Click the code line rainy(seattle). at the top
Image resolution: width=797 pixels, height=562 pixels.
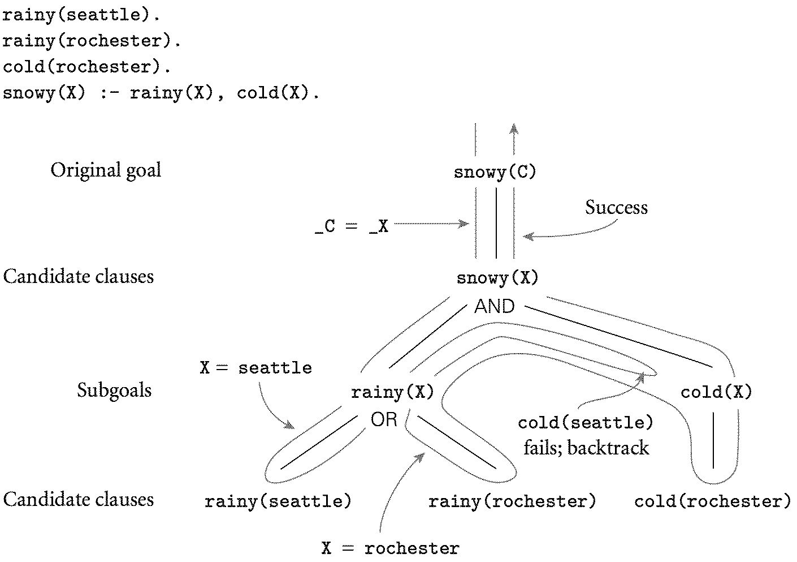81,15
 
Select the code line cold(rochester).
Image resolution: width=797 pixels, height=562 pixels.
86,67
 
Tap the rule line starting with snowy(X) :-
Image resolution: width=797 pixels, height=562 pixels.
161,93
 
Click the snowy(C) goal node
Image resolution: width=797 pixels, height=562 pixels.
495,172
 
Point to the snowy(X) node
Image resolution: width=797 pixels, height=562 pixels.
497,278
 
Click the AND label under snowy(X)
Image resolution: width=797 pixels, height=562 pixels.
495,307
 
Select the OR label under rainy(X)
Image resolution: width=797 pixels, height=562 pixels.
384,420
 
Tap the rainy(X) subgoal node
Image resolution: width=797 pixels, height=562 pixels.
392,392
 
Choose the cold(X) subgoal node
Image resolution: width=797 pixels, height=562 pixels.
716,392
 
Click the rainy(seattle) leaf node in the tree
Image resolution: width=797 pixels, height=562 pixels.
278,501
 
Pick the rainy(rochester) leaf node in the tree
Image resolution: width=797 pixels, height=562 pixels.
512,501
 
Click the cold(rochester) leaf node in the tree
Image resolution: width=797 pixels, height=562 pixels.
712,501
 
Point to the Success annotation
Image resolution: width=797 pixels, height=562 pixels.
616,208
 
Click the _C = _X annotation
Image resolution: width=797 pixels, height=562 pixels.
352,226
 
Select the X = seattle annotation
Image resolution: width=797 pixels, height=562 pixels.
255,368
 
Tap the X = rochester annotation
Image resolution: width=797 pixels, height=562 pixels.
390,548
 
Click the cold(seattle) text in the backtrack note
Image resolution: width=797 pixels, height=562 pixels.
586,423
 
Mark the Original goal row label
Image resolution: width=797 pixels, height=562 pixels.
106,170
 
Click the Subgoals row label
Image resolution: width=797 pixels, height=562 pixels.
114,391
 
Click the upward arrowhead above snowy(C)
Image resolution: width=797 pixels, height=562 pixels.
514,129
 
